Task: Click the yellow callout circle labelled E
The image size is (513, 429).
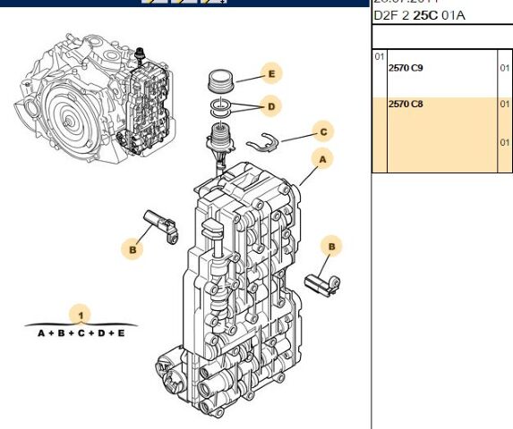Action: (x=269, y=72)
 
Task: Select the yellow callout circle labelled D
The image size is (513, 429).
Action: (x=269, y=106)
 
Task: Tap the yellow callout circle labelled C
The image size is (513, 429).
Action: (x=323, y=132)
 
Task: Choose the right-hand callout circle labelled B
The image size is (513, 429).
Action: (x=331, y=246)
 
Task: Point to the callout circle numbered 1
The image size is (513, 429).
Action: (x=81, y=315)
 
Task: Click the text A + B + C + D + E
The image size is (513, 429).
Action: (x=81, y=332)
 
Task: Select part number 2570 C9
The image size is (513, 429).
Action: (x=406, y=67)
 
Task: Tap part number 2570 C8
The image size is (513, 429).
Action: (x=406, y=105)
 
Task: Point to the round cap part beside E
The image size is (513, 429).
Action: (x=220, y=80)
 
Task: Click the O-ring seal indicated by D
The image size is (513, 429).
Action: (x=219, y=108)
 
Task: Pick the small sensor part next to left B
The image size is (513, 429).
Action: (x=162, y=223)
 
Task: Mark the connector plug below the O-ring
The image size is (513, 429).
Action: (x=219, y=140)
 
